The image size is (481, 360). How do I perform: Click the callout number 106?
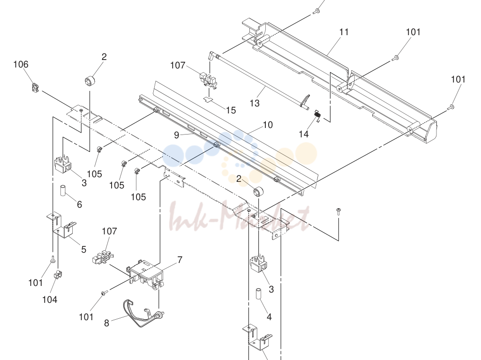click(21, 64)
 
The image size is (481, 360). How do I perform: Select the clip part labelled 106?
click(36, 88)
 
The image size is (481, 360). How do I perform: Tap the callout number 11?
click(344, 32)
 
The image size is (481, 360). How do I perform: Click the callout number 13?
click(255, 103)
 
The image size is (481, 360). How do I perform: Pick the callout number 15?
click(231, 110)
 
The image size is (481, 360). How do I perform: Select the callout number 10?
click(268, 125)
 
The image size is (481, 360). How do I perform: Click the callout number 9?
click(176, 135)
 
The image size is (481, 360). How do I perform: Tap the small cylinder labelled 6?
click(63, 191)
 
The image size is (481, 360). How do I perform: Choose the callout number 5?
click(83, 249)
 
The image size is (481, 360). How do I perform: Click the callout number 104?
click(50, 299)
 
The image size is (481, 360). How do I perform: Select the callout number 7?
click(180, 260)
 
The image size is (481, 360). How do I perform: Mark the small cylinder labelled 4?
click(259, 294)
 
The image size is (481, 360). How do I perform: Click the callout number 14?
click(303, 134)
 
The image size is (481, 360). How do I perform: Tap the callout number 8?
click(106, 323)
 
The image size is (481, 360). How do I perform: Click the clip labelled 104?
click(58, 275)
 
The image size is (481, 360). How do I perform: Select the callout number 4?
click(269, 317)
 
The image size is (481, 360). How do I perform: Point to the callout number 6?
click(79, 204)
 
